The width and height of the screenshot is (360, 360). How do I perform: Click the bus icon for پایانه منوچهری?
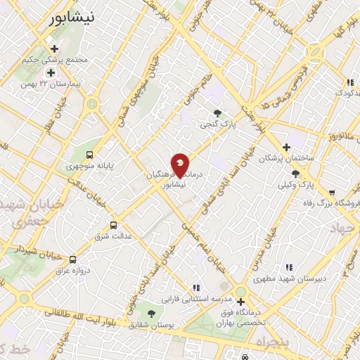click(x=89, y=155)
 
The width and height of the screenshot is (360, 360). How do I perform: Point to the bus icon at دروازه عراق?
click(x=74, y=259)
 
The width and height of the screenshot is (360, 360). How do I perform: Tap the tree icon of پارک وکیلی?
click(x=295, y=174)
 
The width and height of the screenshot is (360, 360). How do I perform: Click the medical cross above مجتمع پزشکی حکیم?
click(x=54, y=49)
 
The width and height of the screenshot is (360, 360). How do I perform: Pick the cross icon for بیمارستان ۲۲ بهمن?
click(x=50, y=72)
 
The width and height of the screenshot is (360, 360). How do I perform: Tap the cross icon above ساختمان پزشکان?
click(x=286, y=147)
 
